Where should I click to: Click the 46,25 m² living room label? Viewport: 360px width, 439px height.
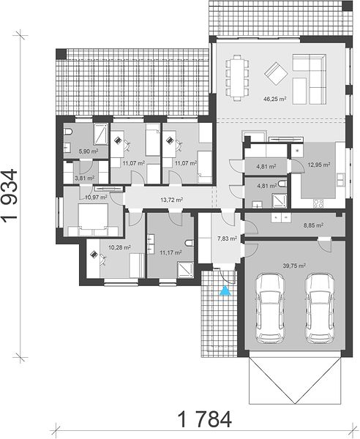(x=274, y=99)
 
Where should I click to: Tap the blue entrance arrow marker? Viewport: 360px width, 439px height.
(x=225, y=291)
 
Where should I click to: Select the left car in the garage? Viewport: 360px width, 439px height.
(x=270, y=308)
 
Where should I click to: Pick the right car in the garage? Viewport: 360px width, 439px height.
(x=320, y=308)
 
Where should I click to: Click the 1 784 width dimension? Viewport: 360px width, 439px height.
(x=205, y=419)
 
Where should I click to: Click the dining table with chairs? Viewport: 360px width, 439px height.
(x=237, y=78)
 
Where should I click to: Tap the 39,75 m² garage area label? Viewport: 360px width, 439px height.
(x=294, y=266)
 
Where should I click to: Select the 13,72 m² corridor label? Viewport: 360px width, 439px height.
(x=172, y=200)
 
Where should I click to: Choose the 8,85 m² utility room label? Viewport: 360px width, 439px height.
(x=313, y=225)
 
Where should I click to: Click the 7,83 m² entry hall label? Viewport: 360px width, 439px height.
(x=228, y=239)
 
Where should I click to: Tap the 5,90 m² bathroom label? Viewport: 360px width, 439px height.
(x=89, y=151)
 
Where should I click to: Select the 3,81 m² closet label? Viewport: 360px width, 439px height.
(x=85, y=178)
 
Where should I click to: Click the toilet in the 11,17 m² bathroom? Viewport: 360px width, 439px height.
(x=190, y=243)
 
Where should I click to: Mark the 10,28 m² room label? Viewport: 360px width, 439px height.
(x=119, y=247)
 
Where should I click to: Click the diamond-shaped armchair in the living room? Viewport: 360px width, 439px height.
(x=276, y=74)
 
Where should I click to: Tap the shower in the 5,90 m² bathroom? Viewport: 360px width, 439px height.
(x=101, y=134)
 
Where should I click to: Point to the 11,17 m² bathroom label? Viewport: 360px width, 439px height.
(x=170, y=252)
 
